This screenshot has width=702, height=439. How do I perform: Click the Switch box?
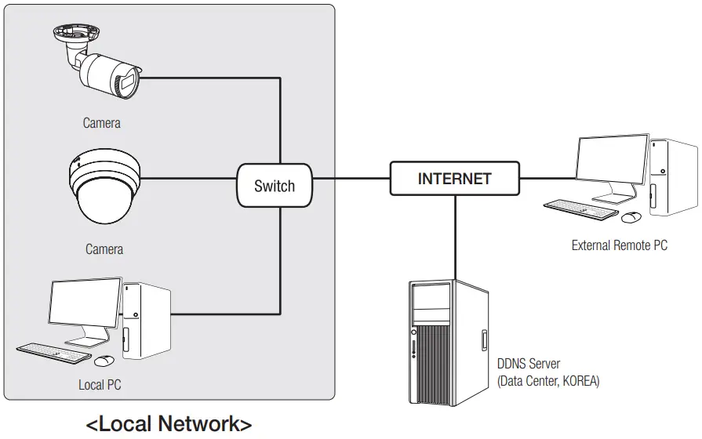click(275, 186)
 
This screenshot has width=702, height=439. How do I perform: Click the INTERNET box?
click(454, 178)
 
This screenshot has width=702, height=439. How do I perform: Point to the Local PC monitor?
click(84, 309)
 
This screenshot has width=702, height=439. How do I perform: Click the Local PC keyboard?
click(53, 352)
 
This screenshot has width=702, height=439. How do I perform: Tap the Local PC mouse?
click(104, 361)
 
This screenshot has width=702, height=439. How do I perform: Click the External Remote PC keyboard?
click(581, 207)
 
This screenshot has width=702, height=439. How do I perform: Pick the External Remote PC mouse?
click(632, 216)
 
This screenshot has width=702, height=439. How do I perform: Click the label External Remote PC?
click(619, 245)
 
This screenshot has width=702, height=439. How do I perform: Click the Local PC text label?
click(100, 385)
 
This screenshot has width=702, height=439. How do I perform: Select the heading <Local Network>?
click(169, 424)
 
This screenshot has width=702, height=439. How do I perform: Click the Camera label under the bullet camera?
click(102, 123)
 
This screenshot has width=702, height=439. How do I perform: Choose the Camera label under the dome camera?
click(104, 249)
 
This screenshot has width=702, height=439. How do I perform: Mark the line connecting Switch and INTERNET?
click(351, 178)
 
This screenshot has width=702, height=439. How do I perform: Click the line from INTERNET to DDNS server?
click(455, 235)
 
